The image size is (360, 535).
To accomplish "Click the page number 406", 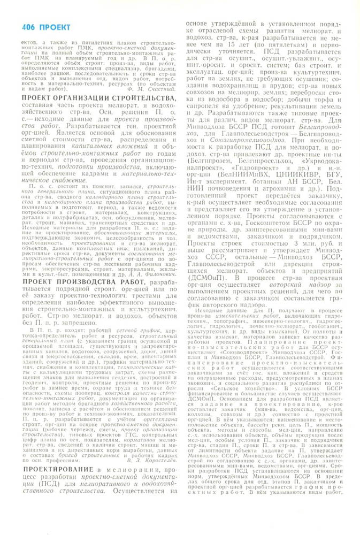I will tap(30, 27).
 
